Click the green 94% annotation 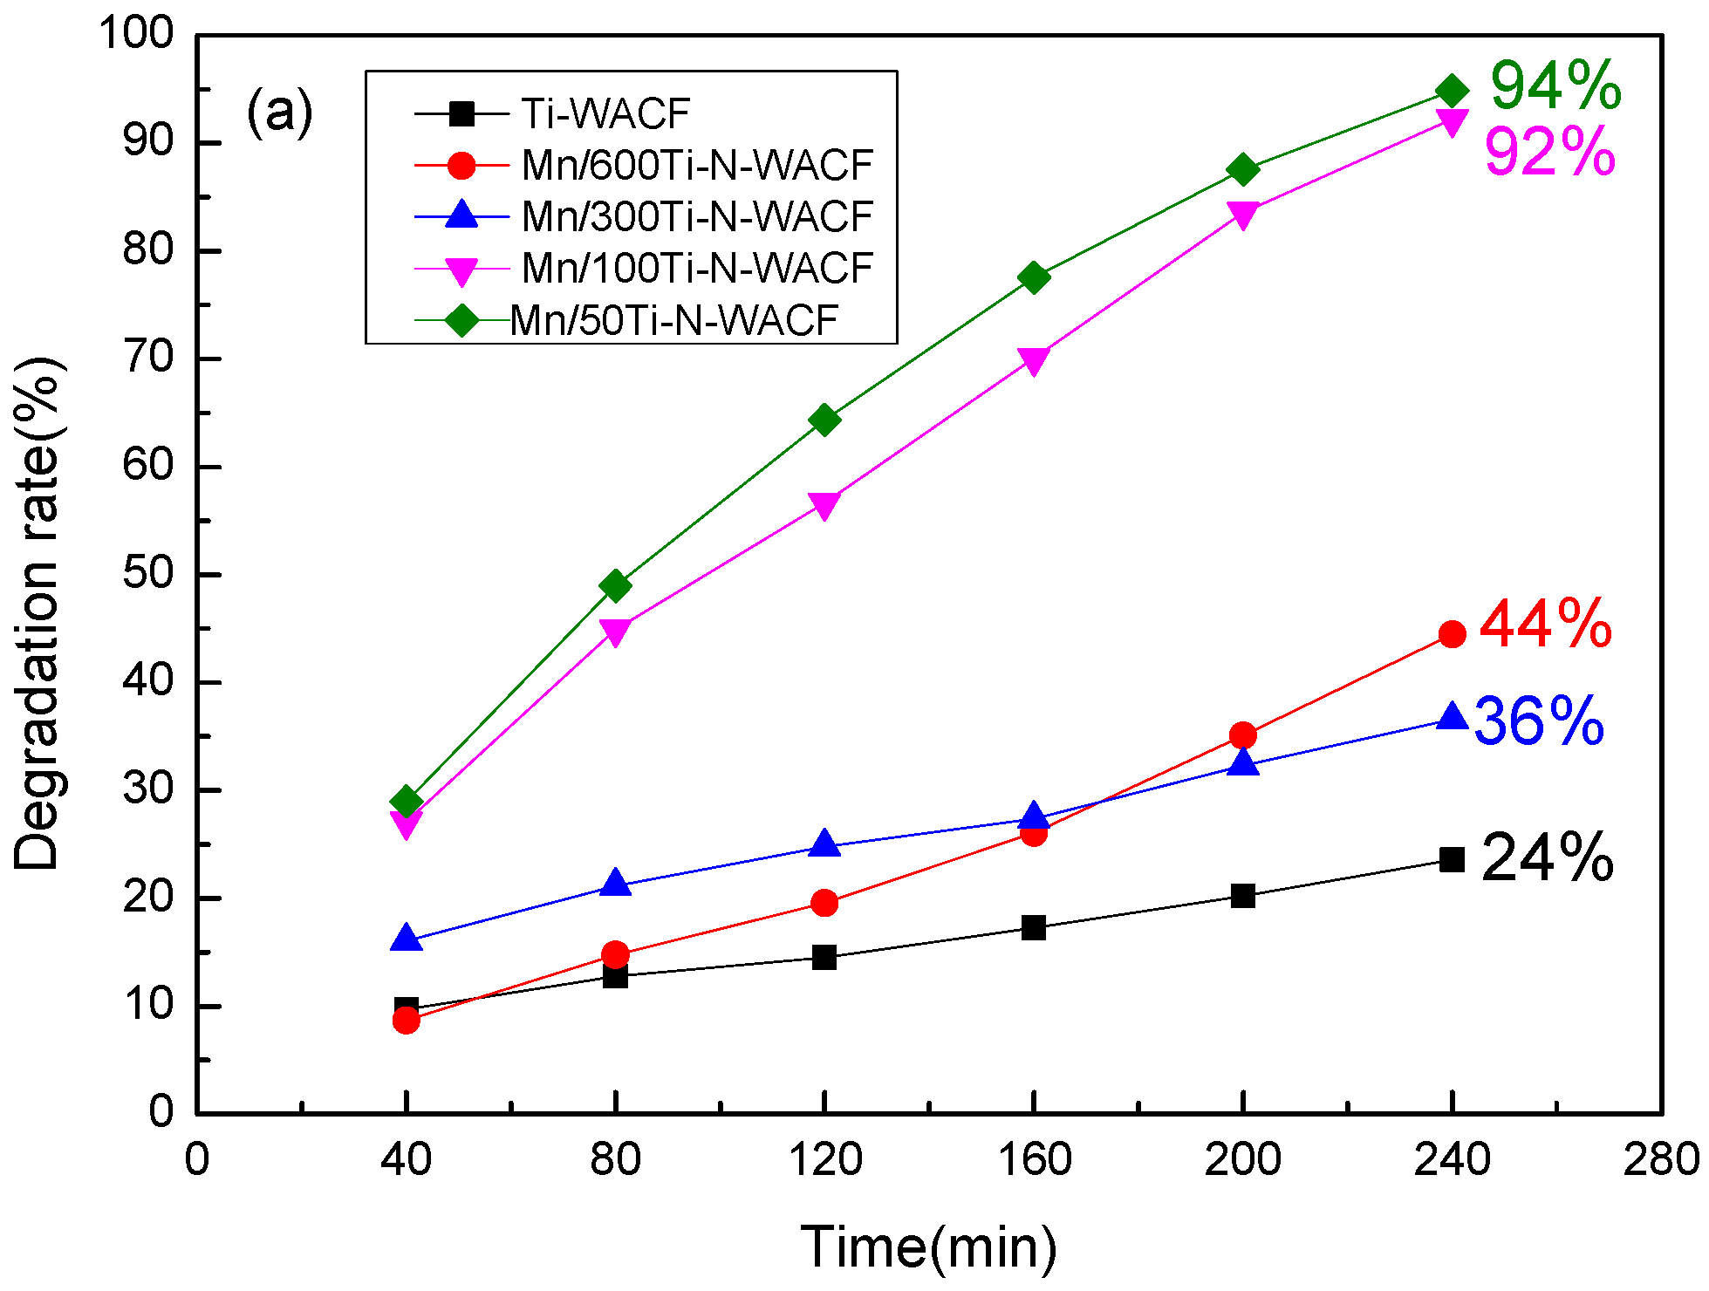(x=1555, y=86)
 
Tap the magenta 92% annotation (x=1549, y=153)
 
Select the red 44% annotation (x=1545, y=625)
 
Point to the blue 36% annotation (x=1539, y=721)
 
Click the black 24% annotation (x=1547, y=858)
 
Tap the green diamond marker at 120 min (x=824, y=420)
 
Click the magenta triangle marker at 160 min (x=1034, y=360)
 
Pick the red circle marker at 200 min (x=1243, y=735)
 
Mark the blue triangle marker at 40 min (x=407, y=939)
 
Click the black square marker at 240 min (x=1452, y=860)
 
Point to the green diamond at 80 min (x=616, y=585)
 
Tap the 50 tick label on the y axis (x=148, y=574)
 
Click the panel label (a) (x=279, y=112)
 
